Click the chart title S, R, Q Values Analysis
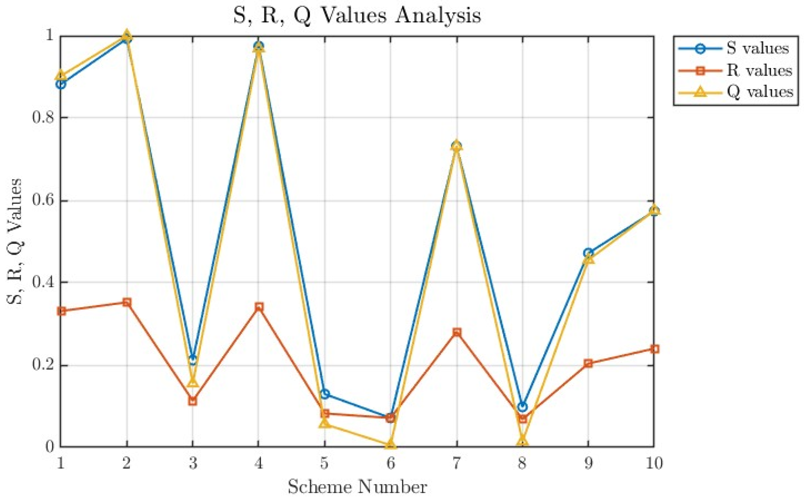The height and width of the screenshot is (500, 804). [357, 16]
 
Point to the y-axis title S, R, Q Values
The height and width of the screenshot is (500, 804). [15, 241]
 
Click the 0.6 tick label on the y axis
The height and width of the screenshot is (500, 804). [43, 201]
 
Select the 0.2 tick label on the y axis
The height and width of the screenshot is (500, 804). [43, 366]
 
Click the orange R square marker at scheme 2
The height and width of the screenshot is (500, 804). [127, 302]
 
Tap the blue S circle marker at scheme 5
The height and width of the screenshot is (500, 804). [325, 394]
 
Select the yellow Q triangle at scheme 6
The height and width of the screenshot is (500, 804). [390, 444]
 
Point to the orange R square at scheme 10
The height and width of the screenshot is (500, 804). [654, 349]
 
